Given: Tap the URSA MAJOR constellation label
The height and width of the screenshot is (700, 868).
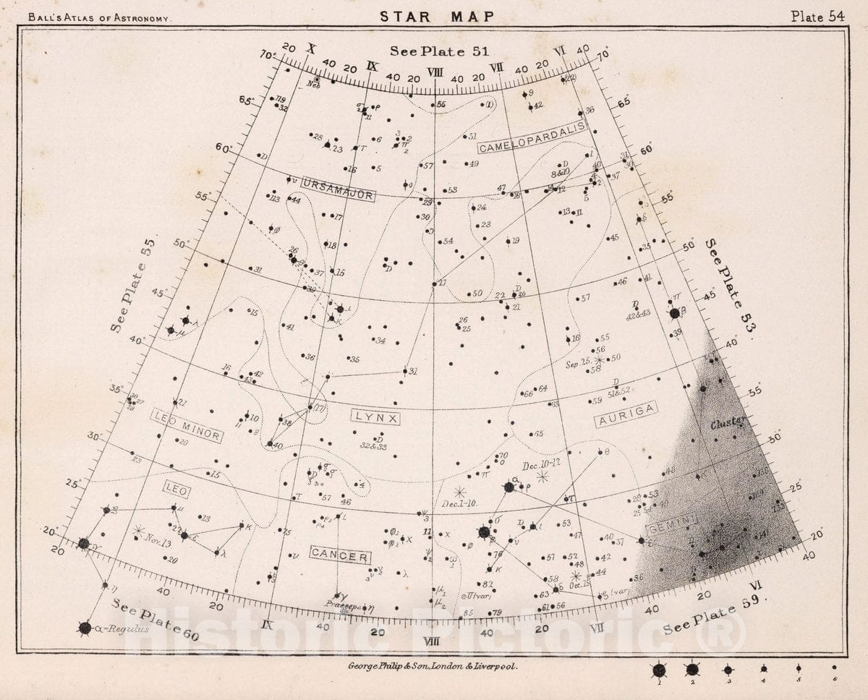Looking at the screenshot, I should coord(338,189).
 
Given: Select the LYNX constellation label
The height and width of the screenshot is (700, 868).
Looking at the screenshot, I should coord(376,417).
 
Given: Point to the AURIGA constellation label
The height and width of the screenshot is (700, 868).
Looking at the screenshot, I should coord(626,414).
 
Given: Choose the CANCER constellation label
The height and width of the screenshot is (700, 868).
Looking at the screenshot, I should coord(340,555).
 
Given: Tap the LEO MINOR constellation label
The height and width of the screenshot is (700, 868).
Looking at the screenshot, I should coord(187,425).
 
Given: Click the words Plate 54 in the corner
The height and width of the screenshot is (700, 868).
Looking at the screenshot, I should coord(817,17).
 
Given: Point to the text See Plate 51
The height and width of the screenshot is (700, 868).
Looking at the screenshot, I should coord(440,51).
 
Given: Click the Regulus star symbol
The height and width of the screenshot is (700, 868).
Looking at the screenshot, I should coord(85,628).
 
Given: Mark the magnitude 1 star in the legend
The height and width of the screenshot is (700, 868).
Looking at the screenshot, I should coord(660,670).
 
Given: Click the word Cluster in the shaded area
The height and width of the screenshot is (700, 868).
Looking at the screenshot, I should coord(727,424).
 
